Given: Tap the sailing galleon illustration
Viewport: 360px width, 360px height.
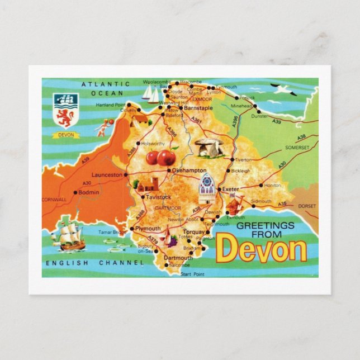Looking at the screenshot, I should coord(68,235).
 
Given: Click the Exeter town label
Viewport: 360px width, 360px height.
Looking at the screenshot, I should coord(230,189).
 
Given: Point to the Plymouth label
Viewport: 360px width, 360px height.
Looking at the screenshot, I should coord(148,229).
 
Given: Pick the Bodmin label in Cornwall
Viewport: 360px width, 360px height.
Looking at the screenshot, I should coord(88,192).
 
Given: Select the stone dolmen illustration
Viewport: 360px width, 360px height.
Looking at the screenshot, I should coord(210,147).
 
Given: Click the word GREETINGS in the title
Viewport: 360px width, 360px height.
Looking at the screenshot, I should coord(265,225).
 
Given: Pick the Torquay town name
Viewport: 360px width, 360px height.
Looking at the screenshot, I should coord(194,231).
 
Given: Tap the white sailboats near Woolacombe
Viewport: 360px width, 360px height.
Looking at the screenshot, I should coord(150,94).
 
